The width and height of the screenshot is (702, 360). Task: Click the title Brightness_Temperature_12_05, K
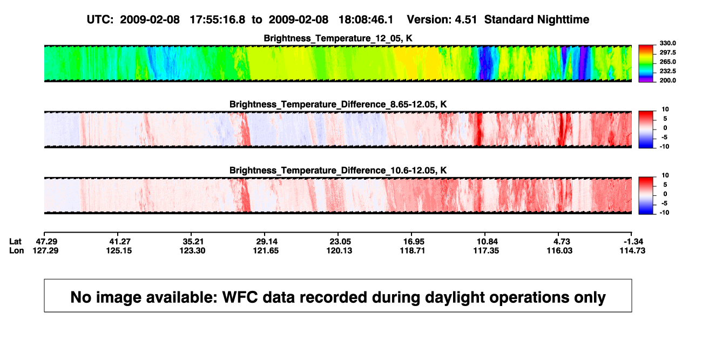pos(338,38)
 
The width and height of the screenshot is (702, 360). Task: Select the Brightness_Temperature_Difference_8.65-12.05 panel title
pos(338,104)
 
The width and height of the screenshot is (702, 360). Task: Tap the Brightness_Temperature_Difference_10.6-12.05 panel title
pos(338,171)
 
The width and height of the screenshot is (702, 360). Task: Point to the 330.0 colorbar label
pos(667,43)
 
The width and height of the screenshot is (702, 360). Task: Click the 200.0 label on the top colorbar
pos(667,80)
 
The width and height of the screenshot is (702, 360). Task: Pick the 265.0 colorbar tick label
pos(667,62)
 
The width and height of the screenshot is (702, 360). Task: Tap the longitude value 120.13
pos(339,250)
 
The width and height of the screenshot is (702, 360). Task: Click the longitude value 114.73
pos(632,250)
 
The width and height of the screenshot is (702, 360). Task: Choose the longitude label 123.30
pos(192,250)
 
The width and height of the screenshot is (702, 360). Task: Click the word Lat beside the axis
pos(15,242)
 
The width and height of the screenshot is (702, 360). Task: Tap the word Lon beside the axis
pos(16,250)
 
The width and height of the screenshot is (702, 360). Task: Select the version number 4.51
pos(465,20)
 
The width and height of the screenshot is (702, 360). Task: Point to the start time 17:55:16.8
pos(218,20)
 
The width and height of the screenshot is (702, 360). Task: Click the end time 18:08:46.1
pos(366,20)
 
